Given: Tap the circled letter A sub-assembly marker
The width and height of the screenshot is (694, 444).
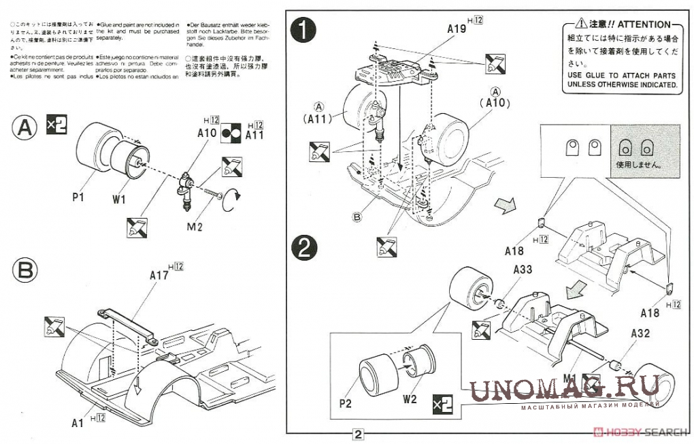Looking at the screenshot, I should click(24, 127).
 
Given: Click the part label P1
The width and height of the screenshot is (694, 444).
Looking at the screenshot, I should click(77, 197).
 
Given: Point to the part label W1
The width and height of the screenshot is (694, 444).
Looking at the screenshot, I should click(120, 200).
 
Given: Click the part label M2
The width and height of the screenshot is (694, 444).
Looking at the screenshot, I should click(195, 226).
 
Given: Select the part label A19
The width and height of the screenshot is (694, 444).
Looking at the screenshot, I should click(457, 29).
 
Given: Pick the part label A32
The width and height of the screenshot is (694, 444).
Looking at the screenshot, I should click(643, 334).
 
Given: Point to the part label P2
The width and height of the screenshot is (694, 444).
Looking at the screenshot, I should click(345, 402).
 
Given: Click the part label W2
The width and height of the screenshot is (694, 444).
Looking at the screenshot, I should click(409, 399).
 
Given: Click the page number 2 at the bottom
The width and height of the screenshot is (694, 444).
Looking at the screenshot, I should click(359, 434).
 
